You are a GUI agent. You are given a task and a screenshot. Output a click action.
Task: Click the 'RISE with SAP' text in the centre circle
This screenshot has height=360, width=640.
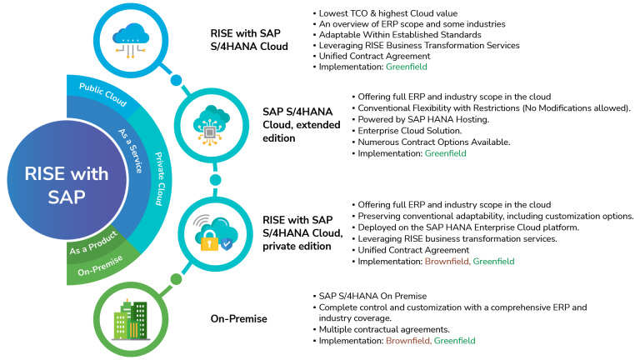point(67,185)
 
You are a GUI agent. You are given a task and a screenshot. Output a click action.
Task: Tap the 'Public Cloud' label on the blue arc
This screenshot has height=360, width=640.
point(102,95)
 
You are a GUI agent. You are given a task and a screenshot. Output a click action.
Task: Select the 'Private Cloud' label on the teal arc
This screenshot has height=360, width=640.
point(157,178)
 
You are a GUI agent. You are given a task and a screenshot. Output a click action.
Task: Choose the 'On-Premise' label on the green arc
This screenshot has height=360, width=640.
point(100,266)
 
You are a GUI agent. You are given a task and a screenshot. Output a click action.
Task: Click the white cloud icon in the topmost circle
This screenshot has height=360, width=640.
point(132,34)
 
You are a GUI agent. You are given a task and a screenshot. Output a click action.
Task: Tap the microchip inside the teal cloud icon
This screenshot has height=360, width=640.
point(211,131)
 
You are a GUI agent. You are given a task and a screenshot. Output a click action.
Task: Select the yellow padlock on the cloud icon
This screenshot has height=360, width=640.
point(209,242)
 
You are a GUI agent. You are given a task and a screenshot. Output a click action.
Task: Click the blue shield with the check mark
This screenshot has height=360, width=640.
point(227,244)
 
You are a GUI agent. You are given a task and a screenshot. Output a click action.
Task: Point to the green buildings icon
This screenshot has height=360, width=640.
point(130,320)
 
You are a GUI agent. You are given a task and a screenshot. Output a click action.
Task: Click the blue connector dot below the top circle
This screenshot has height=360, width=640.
point(176,80)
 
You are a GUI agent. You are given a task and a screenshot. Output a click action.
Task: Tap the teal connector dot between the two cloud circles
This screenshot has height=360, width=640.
point(216,180)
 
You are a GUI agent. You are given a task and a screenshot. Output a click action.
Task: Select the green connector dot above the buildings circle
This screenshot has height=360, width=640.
point(176,279)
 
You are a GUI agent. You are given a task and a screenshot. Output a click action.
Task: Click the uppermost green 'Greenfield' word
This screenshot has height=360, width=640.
point(407,67)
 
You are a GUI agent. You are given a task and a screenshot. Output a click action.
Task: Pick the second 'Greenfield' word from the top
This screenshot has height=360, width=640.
point(445,153)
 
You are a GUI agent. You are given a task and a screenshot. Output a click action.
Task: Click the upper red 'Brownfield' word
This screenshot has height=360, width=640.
point(447,262)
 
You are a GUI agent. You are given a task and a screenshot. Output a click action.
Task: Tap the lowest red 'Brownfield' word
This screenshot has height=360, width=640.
point(407,341)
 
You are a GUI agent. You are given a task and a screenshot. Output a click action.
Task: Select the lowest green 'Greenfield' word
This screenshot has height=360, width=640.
point(454,341)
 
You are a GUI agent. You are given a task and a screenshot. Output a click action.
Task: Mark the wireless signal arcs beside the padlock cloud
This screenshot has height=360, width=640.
point(201,222)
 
